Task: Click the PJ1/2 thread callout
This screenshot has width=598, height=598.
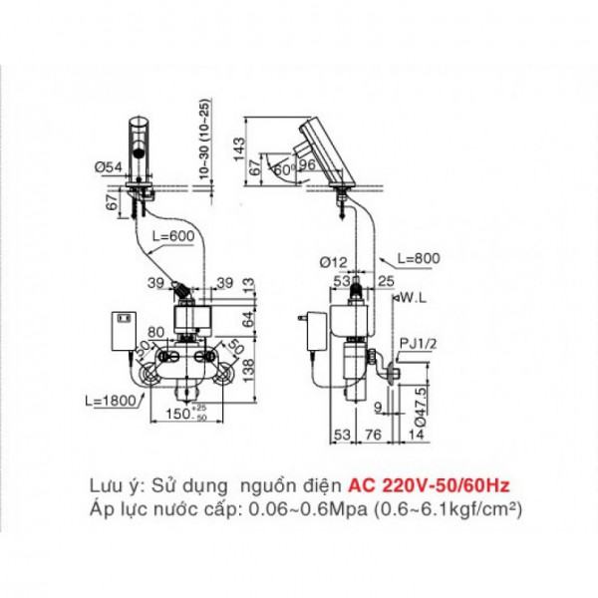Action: click(416, 345)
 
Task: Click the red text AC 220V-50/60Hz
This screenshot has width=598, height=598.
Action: click(429, 485)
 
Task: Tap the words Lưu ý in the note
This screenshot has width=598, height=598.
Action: click(109, 485)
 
